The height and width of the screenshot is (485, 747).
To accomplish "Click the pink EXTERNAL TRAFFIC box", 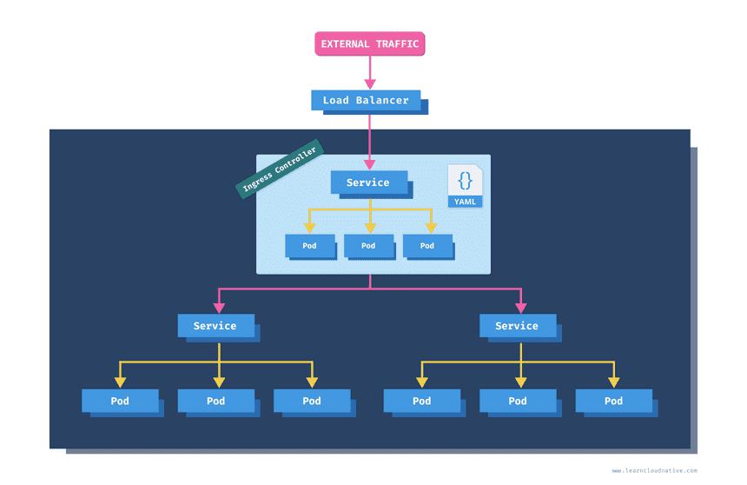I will tap(369, 43).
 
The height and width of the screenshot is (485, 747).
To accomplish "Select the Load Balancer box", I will tap(366, 100).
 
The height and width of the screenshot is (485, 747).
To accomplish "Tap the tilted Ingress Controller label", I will tap(280, 169).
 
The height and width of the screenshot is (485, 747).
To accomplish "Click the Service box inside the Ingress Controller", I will tap(367, 183).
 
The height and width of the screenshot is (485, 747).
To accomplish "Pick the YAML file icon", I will tap(466, 186).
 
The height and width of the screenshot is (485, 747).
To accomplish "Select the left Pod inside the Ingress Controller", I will tap(309, 246).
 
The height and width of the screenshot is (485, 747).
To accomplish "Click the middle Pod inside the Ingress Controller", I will tap(368, 246).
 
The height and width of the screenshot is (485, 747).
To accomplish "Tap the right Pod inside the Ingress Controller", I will tap(427, 246).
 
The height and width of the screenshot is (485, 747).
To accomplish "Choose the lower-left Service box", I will tap(215, 326).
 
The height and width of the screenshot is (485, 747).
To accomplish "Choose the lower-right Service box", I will tap(517, 326).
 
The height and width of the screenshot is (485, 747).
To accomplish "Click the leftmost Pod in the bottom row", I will tap(120, 401).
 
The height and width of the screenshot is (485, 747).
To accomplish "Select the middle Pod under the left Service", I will tap(215, 401).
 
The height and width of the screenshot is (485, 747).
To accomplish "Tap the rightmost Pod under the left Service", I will tap(312, 401).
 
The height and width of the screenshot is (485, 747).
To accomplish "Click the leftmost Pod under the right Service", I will tap(422, 401).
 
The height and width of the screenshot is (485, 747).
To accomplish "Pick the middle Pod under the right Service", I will tap(518, 401).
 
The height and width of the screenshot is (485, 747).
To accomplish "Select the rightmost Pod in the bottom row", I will tap(613, 401).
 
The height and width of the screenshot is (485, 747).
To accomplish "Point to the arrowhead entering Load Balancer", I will tap(369, 83).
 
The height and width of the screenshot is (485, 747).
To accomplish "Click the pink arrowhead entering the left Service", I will tap(219, 307).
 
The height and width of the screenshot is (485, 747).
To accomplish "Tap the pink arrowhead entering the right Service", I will tap(521, 307).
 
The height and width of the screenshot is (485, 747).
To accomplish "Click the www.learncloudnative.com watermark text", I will tap(654, 471).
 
